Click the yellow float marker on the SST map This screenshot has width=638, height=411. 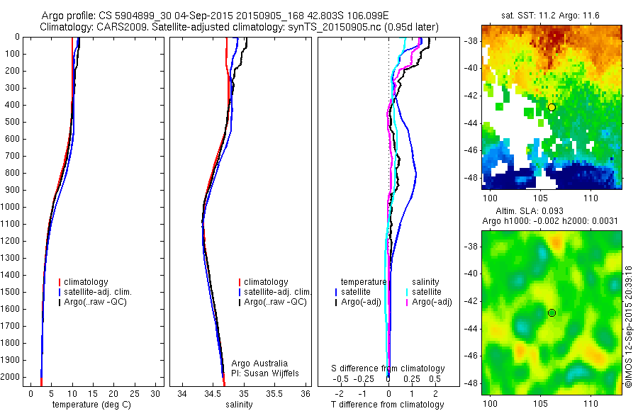click(x=552, y=107)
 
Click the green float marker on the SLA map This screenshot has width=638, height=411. click(x=552, y=313)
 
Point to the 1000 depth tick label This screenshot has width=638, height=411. click(x=11, y=207)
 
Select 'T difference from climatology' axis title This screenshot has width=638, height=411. click(x=388, y=405)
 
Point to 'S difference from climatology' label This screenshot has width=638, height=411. click(x=388, y=368)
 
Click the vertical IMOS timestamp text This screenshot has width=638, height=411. click(x=629, y=327)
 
